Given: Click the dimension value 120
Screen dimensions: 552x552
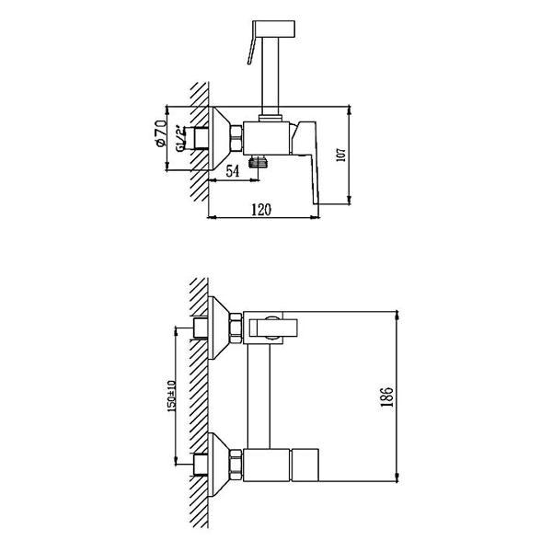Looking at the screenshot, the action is [261, 210].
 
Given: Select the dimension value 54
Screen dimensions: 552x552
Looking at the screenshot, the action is [233, 171].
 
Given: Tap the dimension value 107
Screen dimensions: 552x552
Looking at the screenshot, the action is [341, 155].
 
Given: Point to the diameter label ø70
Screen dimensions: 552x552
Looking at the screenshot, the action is [160, 133].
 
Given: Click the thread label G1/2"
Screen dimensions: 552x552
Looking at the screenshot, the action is [180, 138].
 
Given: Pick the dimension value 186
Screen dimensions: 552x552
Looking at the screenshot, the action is [386, 397].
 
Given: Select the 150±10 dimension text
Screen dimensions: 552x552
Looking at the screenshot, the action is [171, 396].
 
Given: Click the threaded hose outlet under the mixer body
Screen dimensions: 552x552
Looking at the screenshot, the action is [258, 161].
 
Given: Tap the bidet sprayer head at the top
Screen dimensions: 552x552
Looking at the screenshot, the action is [274, 29].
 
